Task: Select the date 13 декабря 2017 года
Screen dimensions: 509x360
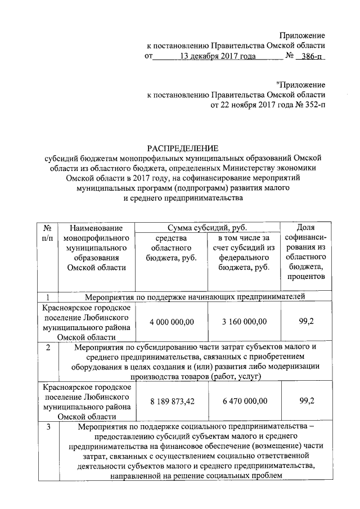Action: coord(215,56)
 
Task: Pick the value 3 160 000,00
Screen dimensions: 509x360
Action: coord(244,321)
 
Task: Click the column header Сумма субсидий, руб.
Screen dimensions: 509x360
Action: coord(208,228)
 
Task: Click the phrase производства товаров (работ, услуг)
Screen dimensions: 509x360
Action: coord(195,377)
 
